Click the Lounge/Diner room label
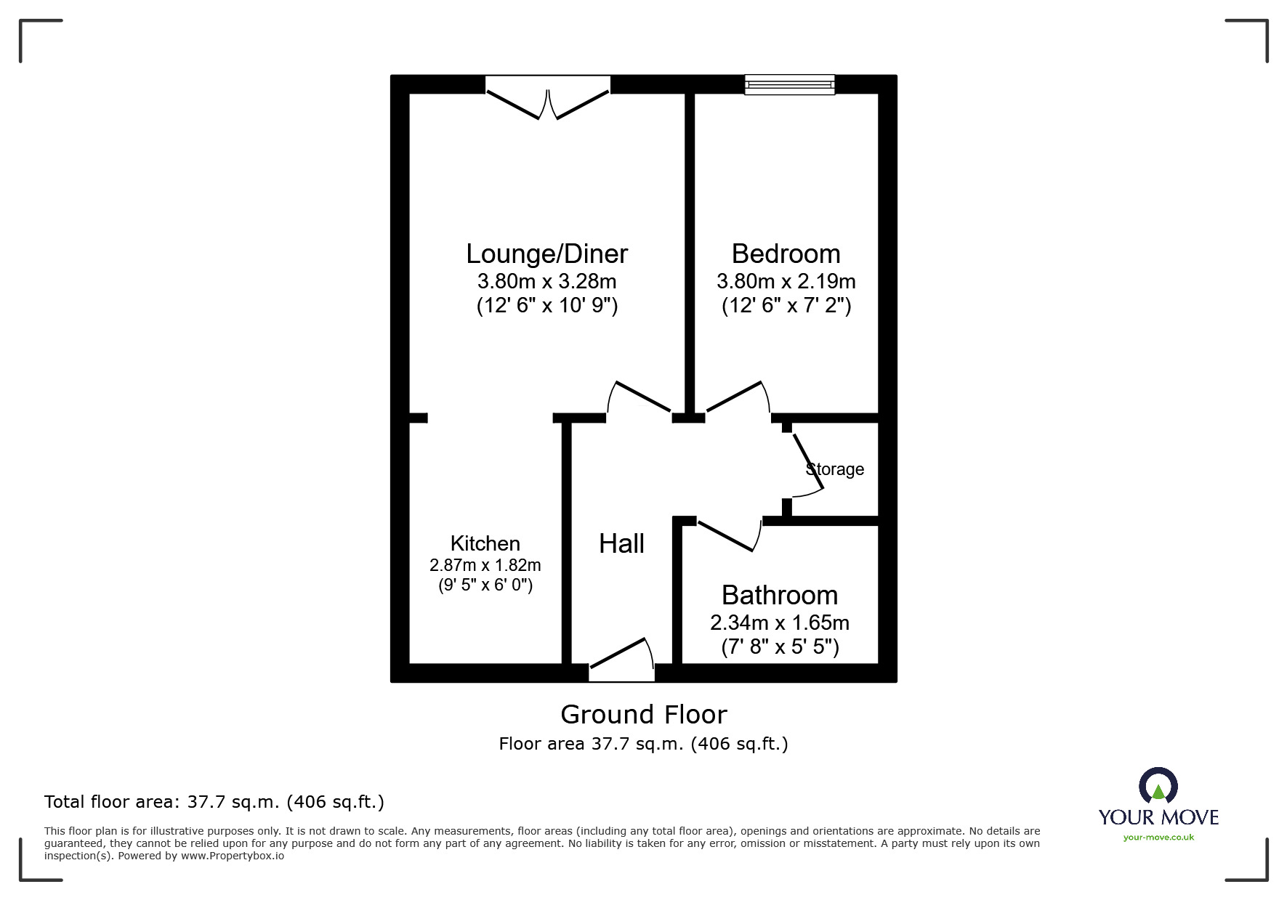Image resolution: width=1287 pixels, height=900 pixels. (x=546, y=254)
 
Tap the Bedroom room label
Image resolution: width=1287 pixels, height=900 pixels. (x=786, y=254)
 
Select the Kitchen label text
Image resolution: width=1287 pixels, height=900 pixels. (x=485, y=543)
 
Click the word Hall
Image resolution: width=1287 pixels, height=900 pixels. (x=621, y=543)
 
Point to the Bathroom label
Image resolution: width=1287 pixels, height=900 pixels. (x=780, y=595)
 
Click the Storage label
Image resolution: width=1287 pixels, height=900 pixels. (x=835, y=469)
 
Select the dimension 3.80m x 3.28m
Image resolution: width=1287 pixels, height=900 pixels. (x=546, y=281)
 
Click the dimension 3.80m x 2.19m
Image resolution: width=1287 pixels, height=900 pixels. (x=786, y=281)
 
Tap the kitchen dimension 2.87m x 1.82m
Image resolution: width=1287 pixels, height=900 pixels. (x=485, y=564)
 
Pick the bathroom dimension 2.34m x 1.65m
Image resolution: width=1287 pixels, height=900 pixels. (x=780, y=623)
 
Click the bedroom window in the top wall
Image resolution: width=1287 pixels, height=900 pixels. (x=789, y=85)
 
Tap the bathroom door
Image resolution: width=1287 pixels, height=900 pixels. (x=728, y=535)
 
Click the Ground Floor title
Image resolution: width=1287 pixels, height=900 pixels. (x=643, y=715)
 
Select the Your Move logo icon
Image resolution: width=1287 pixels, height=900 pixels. (x=1158, y=787)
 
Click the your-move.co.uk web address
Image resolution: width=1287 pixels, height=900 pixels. (x=1158, y=838)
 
